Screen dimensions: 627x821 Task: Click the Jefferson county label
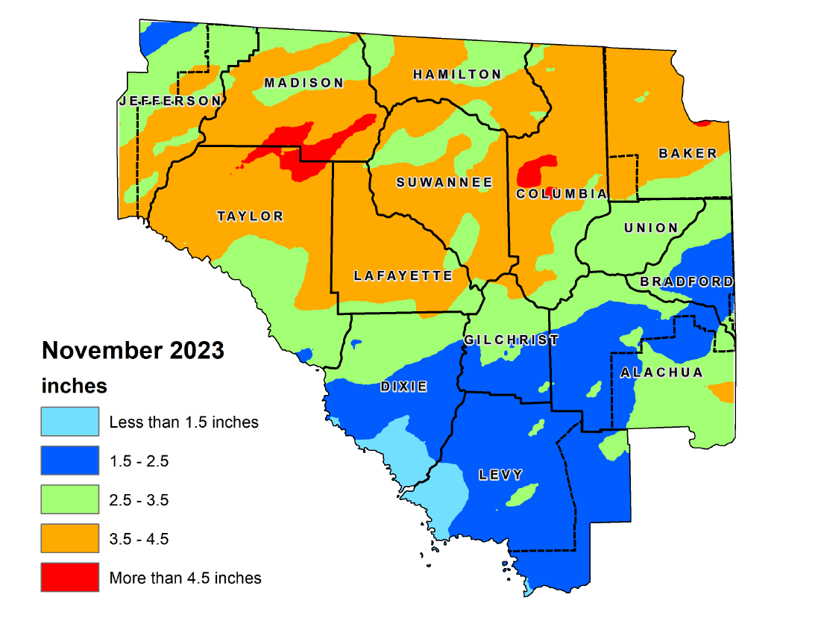pyautogui.click(x=170, y=101)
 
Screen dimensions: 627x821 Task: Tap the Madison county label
pyautogui.click(x=303, y=83)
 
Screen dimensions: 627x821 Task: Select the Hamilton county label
pyautogui.click(x=457, y=74)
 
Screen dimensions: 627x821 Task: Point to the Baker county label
pyautogui.click(x=688, y=153)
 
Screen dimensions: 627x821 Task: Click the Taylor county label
pyautogui.click(x=251, y=216)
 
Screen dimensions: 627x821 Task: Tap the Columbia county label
pyautogui.click(x=562, y=194)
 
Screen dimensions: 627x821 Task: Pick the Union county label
pyautogui.click(x=651, y=228)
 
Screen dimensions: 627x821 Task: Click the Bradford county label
pyautogui.click(x=686, y=281)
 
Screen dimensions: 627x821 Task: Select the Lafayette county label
pyautogui.click(x=403, y=275)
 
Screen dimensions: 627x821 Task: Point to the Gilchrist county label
pyautogui.click(x=511, y=340)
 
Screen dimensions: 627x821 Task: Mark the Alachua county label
pyautogui.click(x=661, y=372)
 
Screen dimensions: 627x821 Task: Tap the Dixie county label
pyautogui.click(x=403, y=386)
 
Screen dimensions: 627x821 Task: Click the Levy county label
pyautogui.click(x=501, y=474)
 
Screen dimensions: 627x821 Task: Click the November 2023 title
pyautogui.click(x=133, y=350)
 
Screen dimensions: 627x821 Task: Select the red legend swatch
pyautogui.click(x=70, y=577)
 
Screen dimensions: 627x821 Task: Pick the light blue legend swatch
pyautogui.click(x=70, y=422)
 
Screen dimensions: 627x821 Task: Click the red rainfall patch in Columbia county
pyautogui.click(x=537, y=171)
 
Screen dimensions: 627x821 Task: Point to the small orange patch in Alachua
pyautogui.click(x=720, y=392)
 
